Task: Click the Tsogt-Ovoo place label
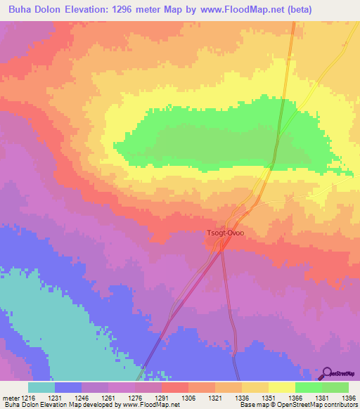point(225,233)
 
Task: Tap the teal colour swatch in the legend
point(41,387)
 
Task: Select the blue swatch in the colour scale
point(68,387)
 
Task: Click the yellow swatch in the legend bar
point(281,387)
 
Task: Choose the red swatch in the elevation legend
point(174,387)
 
